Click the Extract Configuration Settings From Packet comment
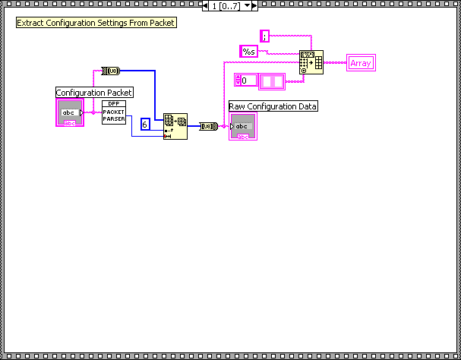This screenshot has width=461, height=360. [96, 23]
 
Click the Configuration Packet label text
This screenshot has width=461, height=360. [94, 93]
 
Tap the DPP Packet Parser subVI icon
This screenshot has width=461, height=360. [114, 111]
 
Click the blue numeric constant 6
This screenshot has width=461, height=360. [145, 124]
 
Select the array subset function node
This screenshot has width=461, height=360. [175, 126]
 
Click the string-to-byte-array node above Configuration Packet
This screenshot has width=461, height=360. [112, 71]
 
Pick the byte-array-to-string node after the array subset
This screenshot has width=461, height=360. [209, 126]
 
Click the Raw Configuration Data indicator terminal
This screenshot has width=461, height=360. [243, 126]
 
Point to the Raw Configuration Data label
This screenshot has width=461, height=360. [273, 106]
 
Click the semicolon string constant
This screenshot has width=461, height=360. [264, 36]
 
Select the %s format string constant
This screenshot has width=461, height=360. [249, 51]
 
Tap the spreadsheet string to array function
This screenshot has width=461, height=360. [311, 62]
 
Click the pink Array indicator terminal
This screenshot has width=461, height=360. [361, 63]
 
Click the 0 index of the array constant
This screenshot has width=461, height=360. [245, 80]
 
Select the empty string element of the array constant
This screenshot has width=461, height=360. [270, 80]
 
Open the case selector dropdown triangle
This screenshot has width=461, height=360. [247, 5]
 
